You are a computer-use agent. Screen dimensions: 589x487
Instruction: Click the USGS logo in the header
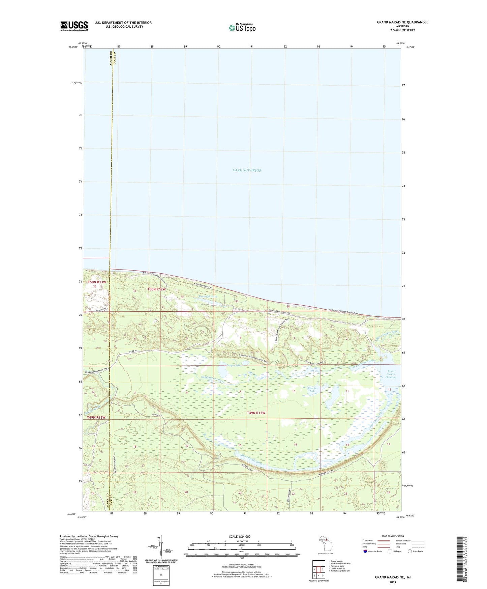74,26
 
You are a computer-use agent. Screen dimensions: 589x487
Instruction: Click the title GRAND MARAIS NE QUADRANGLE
402,22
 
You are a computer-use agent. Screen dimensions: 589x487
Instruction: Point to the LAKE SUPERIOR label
247,170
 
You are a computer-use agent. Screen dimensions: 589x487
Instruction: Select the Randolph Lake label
208,297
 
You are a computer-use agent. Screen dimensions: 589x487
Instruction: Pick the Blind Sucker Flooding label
391,374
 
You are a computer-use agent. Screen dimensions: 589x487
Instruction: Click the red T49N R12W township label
256,413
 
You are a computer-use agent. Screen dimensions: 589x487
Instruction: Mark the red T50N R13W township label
97,282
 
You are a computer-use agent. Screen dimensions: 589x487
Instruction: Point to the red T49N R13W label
96,417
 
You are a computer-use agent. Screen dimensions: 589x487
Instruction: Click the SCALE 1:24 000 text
240,536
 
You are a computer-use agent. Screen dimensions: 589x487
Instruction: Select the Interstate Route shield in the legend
365,551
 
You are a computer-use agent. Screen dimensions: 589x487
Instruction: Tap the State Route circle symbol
410,551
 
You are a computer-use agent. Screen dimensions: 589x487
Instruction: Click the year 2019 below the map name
393,582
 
